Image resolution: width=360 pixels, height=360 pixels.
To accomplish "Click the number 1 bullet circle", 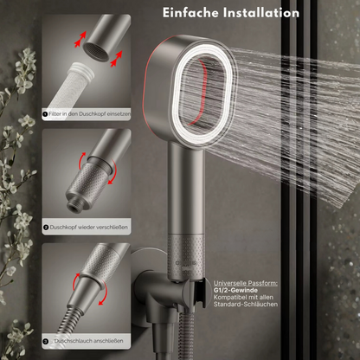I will click(45, 113).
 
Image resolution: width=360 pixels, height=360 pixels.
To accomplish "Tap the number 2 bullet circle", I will click(45, 228).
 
